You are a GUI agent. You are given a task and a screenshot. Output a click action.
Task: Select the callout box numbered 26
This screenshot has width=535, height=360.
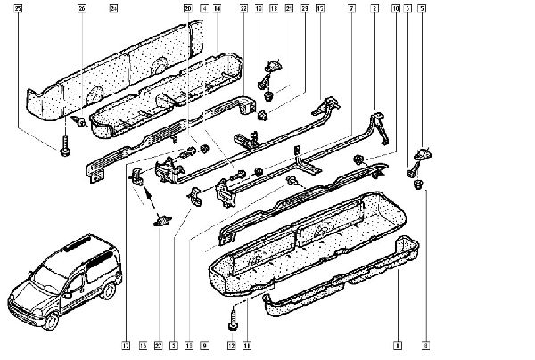point(81,8)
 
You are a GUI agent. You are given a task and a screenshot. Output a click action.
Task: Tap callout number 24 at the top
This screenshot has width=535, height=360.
point(113,8)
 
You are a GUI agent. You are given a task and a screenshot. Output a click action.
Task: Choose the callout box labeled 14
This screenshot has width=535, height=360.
point(217,8)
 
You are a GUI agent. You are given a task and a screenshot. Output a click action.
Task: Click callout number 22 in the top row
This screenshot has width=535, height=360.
point(243,8)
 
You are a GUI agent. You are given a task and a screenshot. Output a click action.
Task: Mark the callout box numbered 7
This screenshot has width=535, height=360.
point(352,8)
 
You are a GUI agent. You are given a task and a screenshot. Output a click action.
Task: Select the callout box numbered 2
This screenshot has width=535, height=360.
point(375,8)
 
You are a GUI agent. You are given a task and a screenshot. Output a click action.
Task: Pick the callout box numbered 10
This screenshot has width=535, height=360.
point(396,8)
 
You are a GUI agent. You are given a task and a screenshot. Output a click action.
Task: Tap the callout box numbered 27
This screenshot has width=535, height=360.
point(158,343)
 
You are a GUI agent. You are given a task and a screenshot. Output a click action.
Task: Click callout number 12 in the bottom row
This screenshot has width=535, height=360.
point(231,343)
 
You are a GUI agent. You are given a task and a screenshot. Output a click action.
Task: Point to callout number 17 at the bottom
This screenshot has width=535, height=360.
point(126,343)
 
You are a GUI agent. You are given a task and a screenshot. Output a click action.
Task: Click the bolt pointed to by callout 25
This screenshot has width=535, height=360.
point(65,152)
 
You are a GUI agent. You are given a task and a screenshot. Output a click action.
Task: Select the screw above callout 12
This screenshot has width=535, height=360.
point(233,313)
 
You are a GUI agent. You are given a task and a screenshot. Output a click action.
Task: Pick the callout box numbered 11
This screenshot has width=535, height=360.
point(247,343)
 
